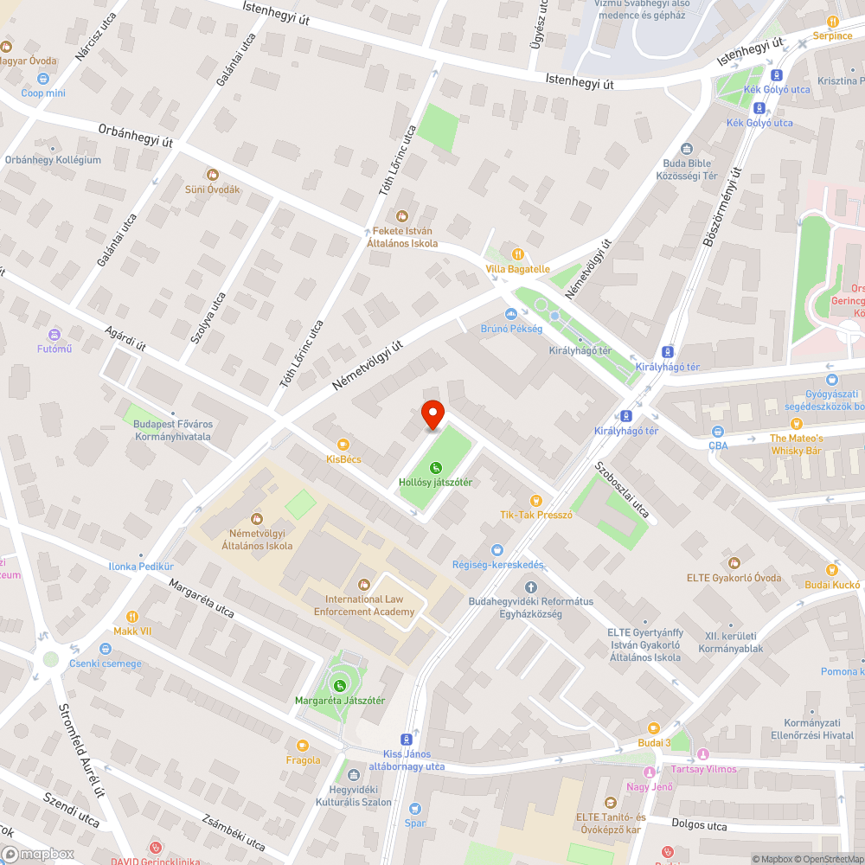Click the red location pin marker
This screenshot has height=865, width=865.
click(432, 414)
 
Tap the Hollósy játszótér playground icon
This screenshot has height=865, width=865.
click(435, 468)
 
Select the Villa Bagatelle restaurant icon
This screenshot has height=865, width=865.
click(517, 254)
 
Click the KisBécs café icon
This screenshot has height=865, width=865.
click(343, 444)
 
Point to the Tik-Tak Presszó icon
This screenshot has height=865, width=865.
click(536, 500)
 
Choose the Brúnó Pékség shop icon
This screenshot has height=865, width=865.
click(510, 314)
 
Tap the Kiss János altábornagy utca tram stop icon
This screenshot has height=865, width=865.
click(406, 740)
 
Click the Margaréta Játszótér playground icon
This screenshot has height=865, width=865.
click(339, 685)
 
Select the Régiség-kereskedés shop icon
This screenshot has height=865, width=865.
click(497, 550)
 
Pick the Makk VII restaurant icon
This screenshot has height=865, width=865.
click(132, 617)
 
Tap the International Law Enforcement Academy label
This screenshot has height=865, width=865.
click(370, 605)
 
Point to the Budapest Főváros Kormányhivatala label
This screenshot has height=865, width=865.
click(173, 430)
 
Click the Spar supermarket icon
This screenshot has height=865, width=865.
click(414, 809)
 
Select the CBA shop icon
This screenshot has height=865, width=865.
click(718, 431)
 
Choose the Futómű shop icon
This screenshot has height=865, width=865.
click(54, 334)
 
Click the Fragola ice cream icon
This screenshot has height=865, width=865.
click(303, 746)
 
